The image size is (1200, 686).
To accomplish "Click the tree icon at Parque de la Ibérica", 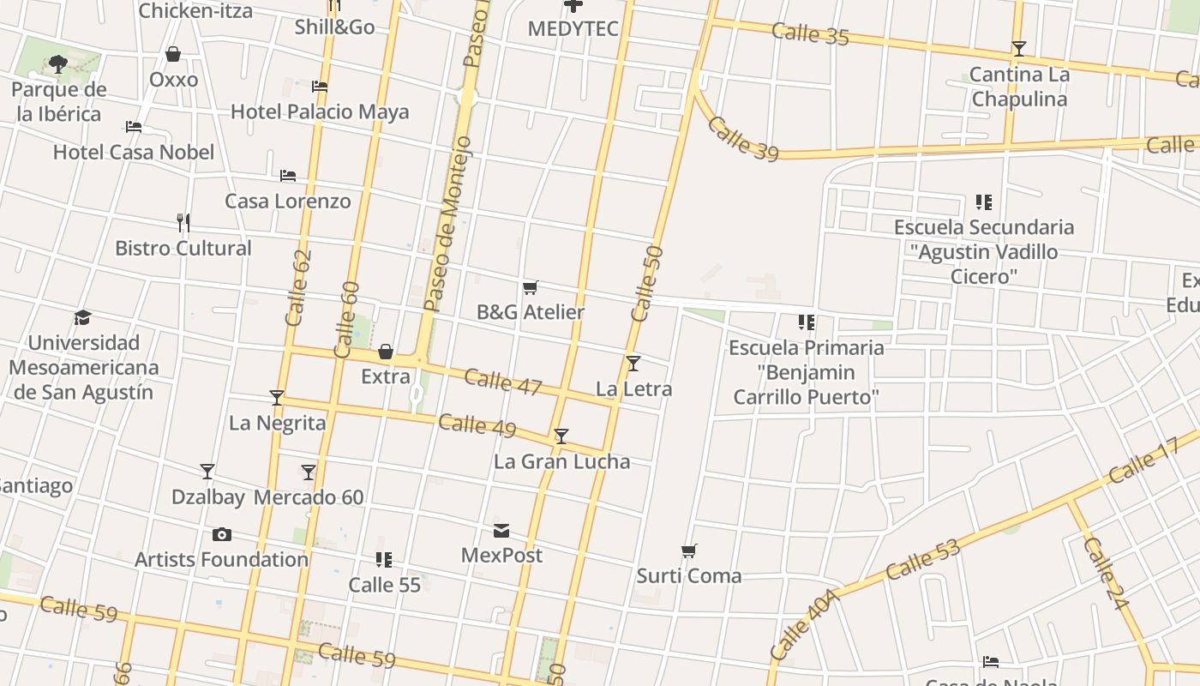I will point(58,63).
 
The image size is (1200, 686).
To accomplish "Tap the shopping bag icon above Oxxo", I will point(173,54).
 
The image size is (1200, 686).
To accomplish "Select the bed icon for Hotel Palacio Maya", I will point(320,87).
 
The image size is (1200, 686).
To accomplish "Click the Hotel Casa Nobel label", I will point(134,152).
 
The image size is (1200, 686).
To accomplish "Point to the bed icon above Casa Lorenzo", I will point(288,176).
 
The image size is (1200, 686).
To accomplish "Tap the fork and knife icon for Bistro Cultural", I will point(183,223).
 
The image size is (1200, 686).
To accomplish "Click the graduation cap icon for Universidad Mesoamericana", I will point(82,318).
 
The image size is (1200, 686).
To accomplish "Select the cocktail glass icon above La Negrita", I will point(277,398).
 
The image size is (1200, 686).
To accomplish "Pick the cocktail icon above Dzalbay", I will point(207,472).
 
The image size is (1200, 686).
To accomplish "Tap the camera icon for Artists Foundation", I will point(222,535).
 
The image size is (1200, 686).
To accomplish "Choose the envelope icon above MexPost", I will point(501,531).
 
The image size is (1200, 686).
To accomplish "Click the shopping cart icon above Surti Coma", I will point(689,551).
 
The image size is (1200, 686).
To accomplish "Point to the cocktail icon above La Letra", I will point(633,364).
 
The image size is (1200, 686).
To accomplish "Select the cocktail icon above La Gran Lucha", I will point(561,436).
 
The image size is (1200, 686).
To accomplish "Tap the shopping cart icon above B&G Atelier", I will point(531,287).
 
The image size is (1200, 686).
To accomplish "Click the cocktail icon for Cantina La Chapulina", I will point(1019,49).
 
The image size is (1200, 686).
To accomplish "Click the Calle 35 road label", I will point(810,34).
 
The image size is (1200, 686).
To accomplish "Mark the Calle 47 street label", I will point(503,382).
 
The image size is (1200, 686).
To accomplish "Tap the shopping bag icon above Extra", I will point(386,352).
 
